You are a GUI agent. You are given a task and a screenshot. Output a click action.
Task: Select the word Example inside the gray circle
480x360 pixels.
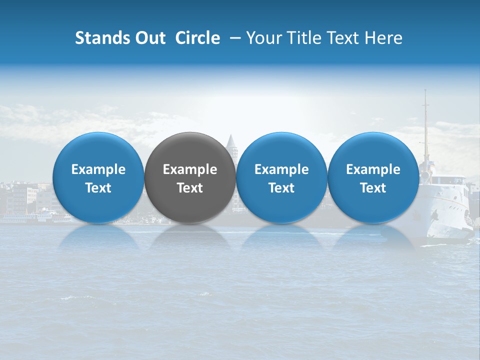tap(190, 170)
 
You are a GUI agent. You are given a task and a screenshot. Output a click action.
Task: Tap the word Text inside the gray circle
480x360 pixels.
tap(190, 188)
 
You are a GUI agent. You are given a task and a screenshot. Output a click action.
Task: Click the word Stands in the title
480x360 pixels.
tap(102, 38)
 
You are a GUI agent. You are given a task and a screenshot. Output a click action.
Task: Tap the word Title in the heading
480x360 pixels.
tap(299, 38)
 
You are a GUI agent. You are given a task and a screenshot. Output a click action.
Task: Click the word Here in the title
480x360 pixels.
tap(383, 38)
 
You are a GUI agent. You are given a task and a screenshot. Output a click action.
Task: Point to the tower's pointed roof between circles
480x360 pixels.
tap(230, 140)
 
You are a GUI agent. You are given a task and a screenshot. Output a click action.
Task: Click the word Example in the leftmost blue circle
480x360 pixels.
tap(98, 170)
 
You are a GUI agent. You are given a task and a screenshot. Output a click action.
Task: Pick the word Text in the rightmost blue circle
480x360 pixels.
tap(373, 188)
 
